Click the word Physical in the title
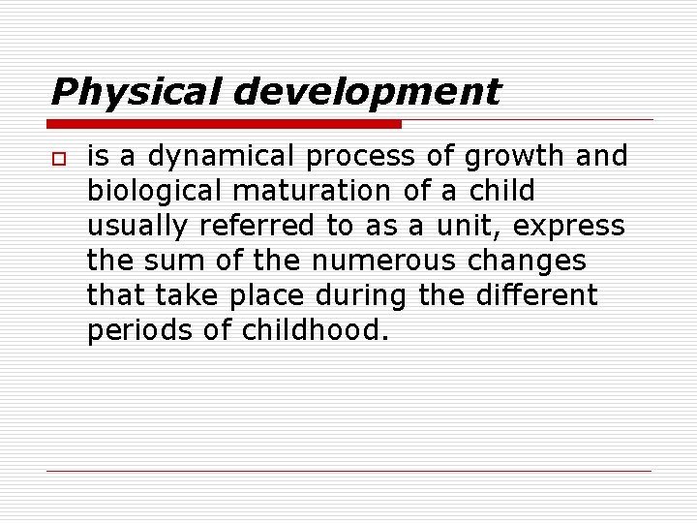[137, 92]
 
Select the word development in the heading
[367, 92]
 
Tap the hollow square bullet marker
[57, 157]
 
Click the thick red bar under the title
[225, 124]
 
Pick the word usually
[137, 227]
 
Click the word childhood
[315, 331]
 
